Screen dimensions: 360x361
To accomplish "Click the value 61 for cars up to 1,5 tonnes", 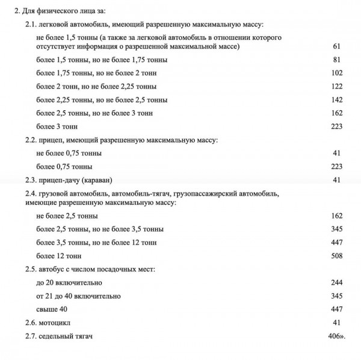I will point(337,46).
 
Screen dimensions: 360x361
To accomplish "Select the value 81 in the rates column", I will point(337,60).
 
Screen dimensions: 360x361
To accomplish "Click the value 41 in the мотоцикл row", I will point(337,322).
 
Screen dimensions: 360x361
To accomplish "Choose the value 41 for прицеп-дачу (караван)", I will point(337,180).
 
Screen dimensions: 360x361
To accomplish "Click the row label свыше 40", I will point(52,309).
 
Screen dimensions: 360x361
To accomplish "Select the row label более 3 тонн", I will point(56,126).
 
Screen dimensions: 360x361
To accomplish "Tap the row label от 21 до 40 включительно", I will point(78,296).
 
